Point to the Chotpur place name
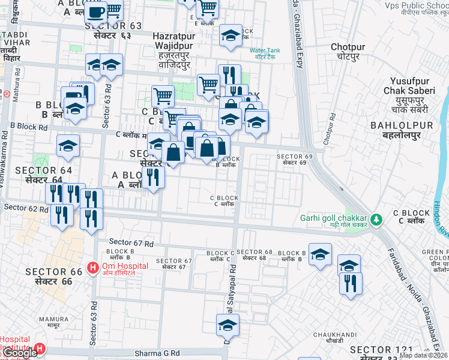tap(348, 51)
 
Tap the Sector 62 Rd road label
tap(25, 208)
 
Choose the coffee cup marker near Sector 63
tap(95, 11)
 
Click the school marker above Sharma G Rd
tap(228, 325)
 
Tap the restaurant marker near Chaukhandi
tap(351, 283)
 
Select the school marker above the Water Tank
tap(231, 35)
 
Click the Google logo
tap(19, 353)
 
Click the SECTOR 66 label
tap(53, 276)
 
